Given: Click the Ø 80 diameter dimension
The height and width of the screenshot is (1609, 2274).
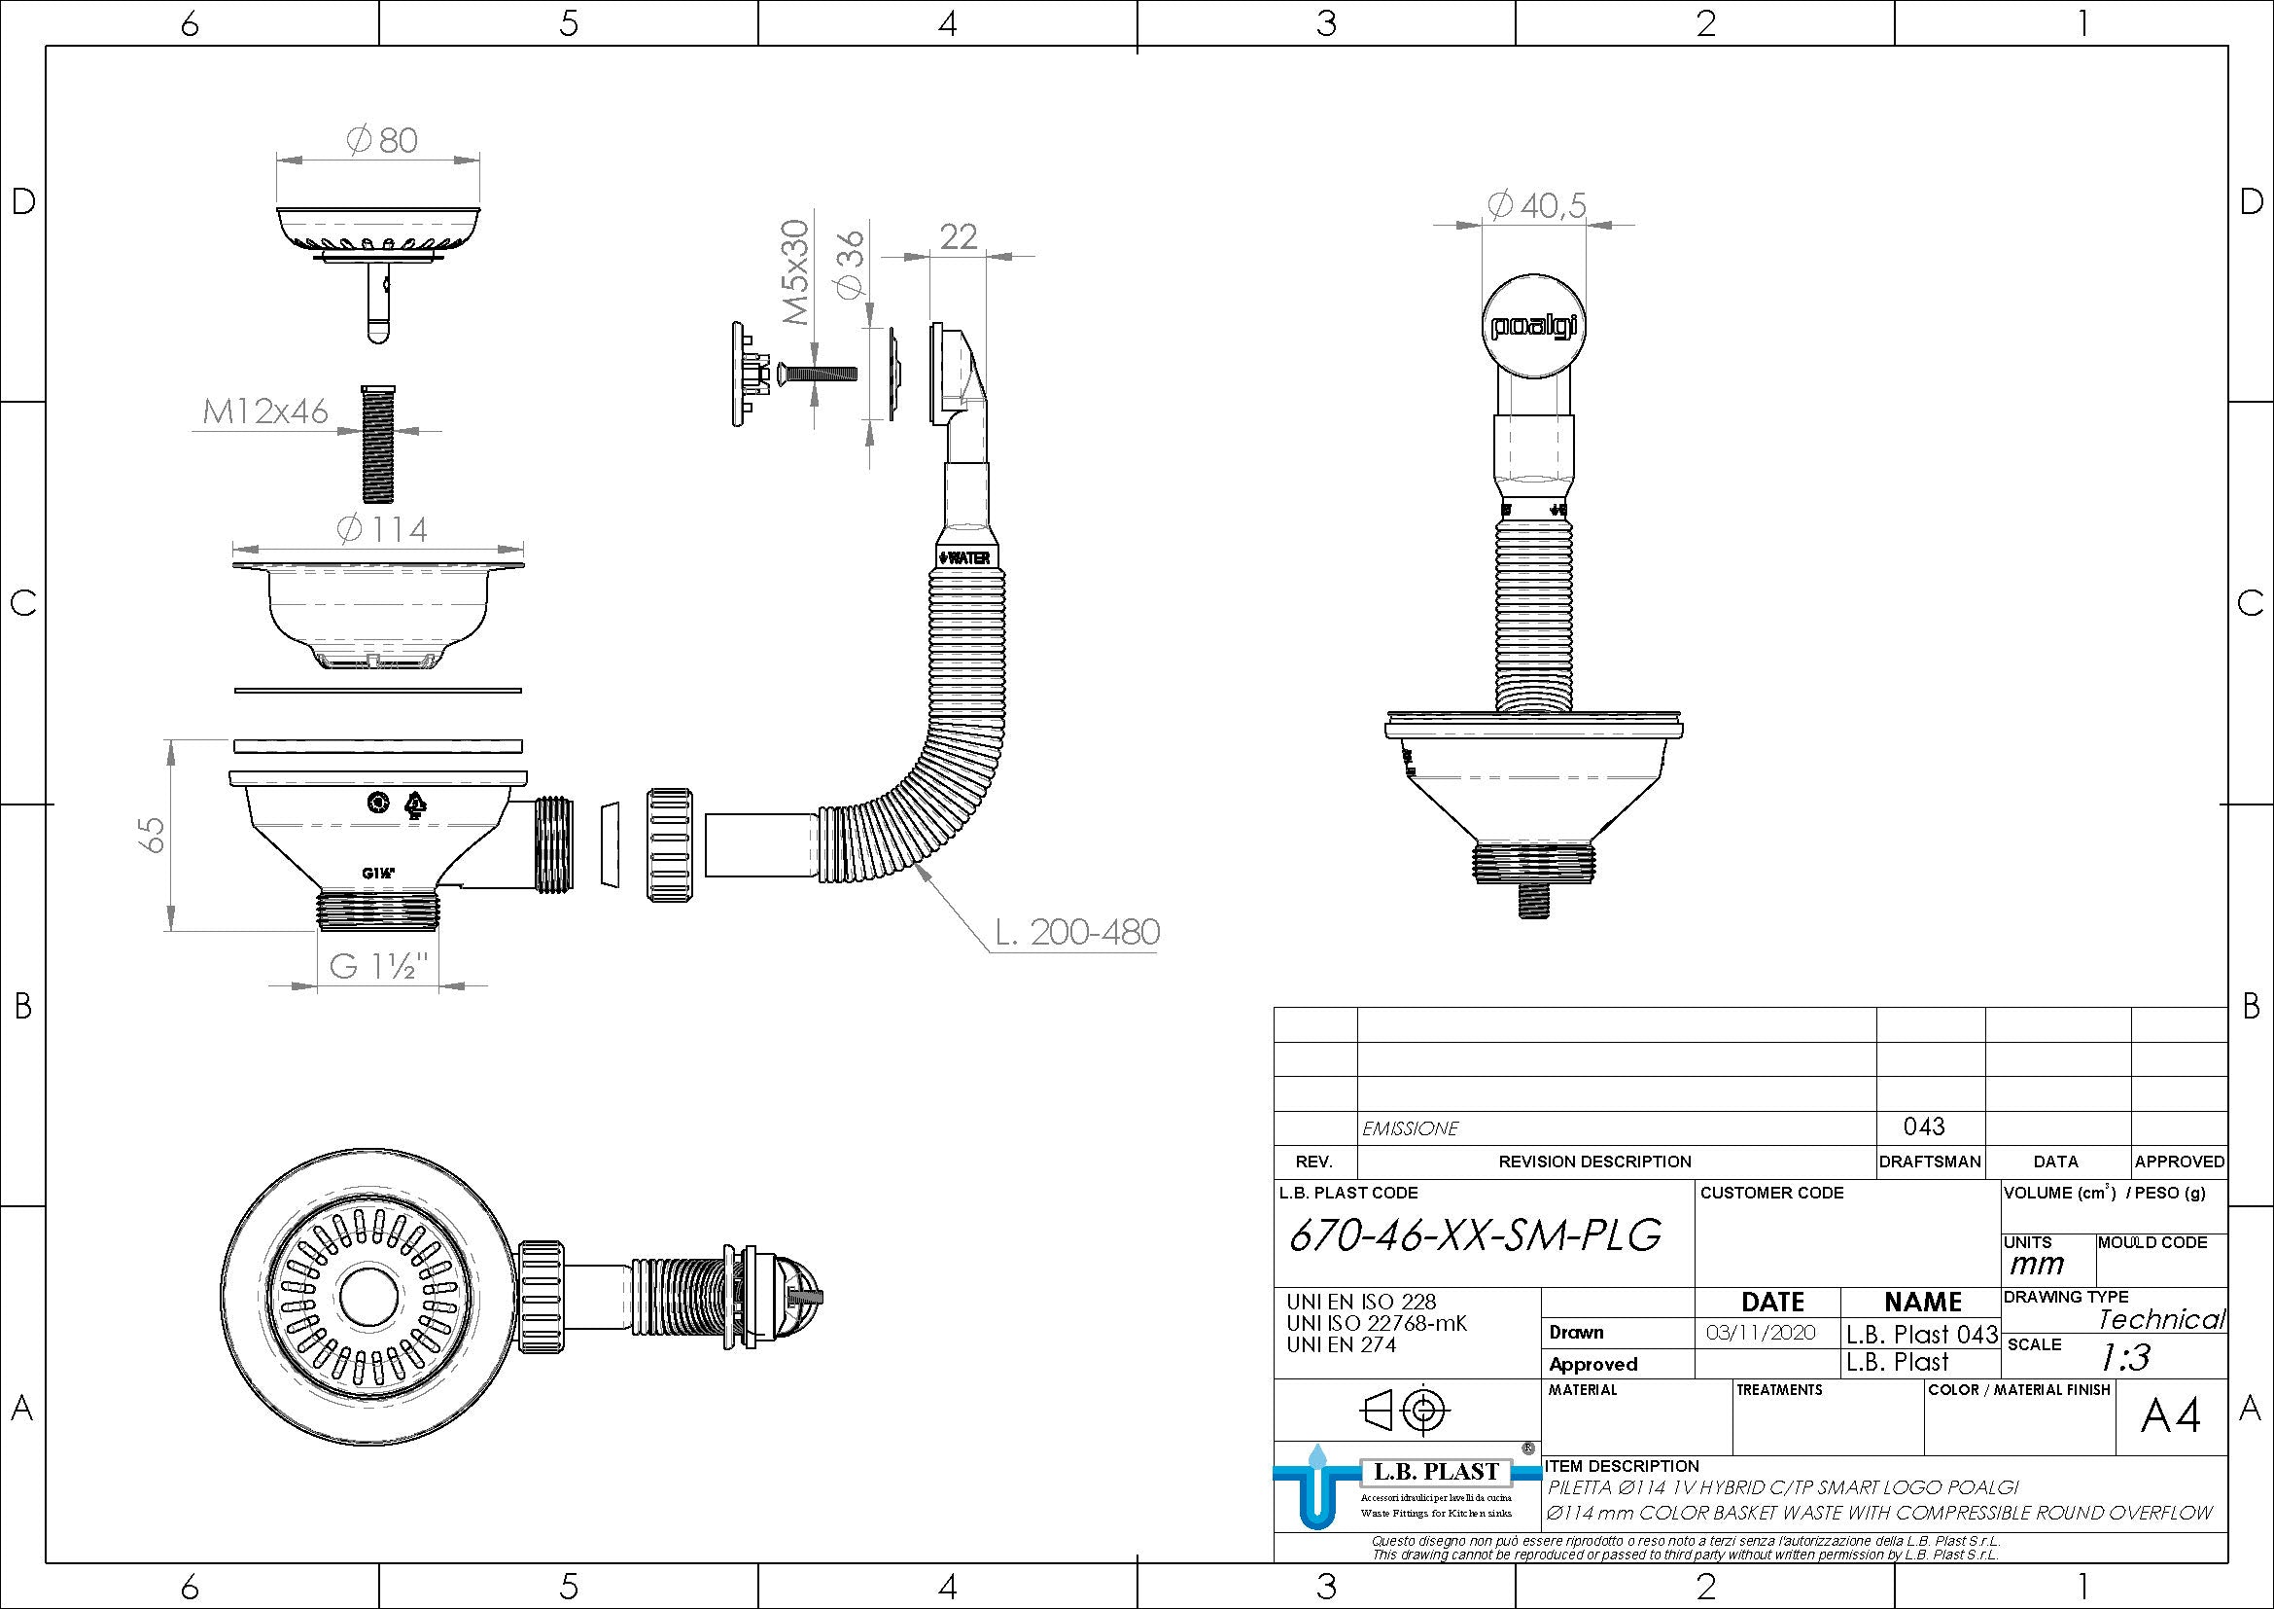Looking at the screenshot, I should coord(382,140).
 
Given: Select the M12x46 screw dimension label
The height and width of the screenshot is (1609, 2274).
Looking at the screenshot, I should coord(264,411).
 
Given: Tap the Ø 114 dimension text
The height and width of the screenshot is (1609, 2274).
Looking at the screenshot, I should coord(382,529).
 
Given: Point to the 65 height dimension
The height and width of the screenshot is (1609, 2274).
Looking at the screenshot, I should coord(153,834).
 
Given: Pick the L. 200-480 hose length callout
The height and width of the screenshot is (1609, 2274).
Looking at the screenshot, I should coord(1076,932).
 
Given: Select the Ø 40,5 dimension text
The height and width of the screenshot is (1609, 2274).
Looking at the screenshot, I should coord(1537,205).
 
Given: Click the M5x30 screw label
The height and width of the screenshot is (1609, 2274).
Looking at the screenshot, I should coord(795,272).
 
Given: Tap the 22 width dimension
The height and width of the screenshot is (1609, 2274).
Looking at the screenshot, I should coord(958,235).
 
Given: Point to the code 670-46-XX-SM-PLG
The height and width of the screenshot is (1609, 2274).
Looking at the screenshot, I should coord(1474,1234).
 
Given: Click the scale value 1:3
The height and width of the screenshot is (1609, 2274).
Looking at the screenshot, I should coord(2125,1356).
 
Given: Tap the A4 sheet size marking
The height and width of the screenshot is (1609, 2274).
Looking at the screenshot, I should coord(2169,1416).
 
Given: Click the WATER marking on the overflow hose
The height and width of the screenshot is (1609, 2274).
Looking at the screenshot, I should coord(963,557).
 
